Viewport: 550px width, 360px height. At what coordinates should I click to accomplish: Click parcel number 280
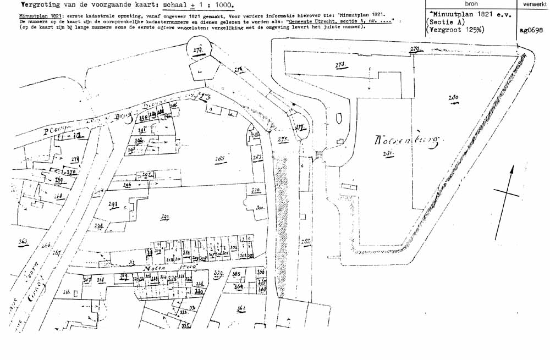[453, 99]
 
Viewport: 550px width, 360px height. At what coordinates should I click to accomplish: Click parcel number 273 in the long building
[340, 65]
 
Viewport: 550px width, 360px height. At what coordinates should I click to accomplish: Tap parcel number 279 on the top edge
[415, 50]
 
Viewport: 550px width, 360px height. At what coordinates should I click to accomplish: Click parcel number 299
[164, 218]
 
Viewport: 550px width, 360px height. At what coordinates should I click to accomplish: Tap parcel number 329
[218, 273]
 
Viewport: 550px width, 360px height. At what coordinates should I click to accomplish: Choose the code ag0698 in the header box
[531, 31]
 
